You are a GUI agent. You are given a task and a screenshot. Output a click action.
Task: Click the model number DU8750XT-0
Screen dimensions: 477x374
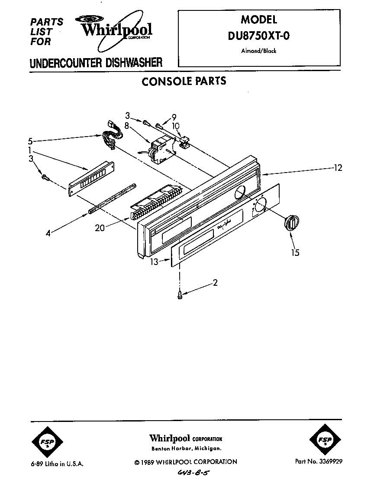(258, 36)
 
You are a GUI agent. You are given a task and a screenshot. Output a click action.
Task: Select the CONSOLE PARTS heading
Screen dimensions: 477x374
(184, 81)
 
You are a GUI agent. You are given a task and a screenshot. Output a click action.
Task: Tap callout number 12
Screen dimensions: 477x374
(338, 168)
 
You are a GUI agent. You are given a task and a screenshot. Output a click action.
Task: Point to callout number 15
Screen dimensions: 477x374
(295, 252)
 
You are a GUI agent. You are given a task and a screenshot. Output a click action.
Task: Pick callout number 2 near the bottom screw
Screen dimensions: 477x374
(215, 283)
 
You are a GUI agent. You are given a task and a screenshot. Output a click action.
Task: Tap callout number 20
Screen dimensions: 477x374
(100, 227)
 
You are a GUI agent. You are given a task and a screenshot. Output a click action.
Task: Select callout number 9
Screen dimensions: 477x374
(174, 116)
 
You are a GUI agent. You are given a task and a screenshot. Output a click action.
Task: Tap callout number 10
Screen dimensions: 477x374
(176, 126)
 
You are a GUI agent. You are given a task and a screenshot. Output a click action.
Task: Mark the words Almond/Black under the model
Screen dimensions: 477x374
(258, 51)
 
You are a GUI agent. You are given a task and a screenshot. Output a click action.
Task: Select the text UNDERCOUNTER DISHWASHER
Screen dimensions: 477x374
(96, 63)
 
